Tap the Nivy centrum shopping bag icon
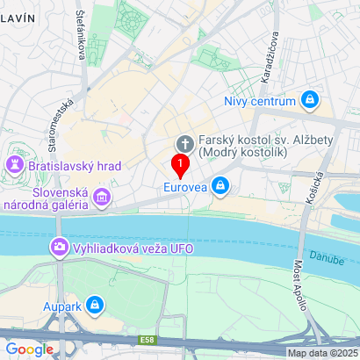[x=309, y=101]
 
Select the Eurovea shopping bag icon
[x=221, y=186]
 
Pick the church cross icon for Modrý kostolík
[x=185, y=143]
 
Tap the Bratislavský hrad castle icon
[x=15, y=164]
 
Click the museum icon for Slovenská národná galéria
[x=103, y=198]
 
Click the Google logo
[x=30, y=349]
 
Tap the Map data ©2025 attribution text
[x=322, y=353]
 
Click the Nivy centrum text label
[x=260, y=101]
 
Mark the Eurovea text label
[x=185, y=186]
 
